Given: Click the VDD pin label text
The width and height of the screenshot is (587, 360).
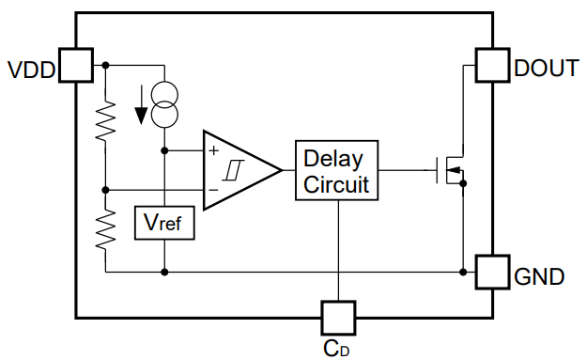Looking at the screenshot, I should coord(31,70).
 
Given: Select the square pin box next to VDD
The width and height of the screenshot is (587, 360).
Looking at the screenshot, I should coord(76,65).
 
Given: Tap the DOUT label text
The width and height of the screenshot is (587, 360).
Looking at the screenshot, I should coord(546,68).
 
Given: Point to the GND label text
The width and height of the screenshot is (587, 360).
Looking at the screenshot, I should coord(539,277).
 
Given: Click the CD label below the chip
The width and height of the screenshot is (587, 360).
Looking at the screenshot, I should coord(337,347).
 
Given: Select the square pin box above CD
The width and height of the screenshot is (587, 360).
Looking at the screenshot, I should coord(337,318).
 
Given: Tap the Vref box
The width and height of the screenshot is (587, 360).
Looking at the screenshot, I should coord(164,223).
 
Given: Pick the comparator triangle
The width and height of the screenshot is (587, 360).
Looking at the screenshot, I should coord(239,170).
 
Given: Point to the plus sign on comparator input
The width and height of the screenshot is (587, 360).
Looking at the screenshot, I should coord(213,149).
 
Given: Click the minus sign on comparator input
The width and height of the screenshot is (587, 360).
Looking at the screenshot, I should coord(213,190).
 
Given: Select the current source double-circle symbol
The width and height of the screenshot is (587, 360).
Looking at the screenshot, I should coord(164,105).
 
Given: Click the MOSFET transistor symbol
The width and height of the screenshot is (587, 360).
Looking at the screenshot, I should coord(452,170).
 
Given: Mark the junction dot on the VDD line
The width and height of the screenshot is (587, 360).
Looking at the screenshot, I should coord(106,65).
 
